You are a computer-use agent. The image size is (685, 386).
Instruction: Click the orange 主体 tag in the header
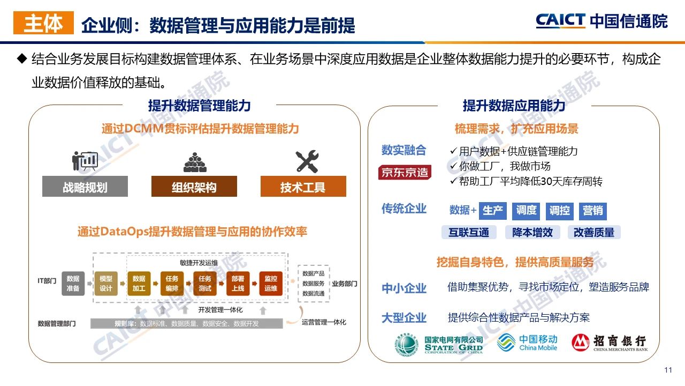click(x=43, y=23)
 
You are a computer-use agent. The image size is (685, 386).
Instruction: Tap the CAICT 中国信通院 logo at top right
click(x=602, y=21)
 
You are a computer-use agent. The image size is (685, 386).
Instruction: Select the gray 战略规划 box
click(x=85, y=187)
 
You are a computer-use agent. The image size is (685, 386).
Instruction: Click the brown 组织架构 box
click(x=194, y=187)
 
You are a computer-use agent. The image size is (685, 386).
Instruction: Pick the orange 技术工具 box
click(x=303, y=187)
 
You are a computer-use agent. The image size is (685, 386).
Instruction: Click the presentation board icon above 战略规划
click(x=85, y=161)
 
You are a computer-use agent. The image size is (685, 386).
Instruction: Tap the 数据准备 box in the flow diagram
click(x=73, y=284)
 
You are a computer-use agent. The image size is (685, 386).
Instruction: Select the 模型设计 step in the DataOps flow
click(x=106, y=284)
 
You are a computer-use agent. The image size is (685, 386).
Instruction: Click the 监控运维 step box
click(x=271, y=284)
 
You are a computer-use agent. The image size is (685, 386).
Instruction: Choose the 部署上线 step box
click(x=238, y=284)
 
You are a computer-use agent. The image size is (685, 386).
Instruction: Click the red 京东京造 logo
click(x=405, y=173)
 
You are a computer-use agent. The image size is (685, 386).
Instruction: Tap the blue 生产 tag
click(x=492, y=211)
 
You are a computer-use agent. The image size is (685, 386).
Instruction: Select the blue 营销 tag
click(x=592, y=211)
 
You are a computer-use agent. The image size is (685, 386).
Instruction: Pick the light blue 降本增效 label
click(x=532, y=232)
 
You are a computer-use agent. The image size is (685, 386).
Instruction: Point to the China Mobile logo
click(x=527, y=343)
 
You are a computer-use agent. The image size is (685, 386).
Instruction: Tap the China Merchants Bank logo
click(x=609, y=343)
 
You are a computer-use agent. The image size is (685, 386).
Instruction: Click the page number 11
click(x=667, y=370)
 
